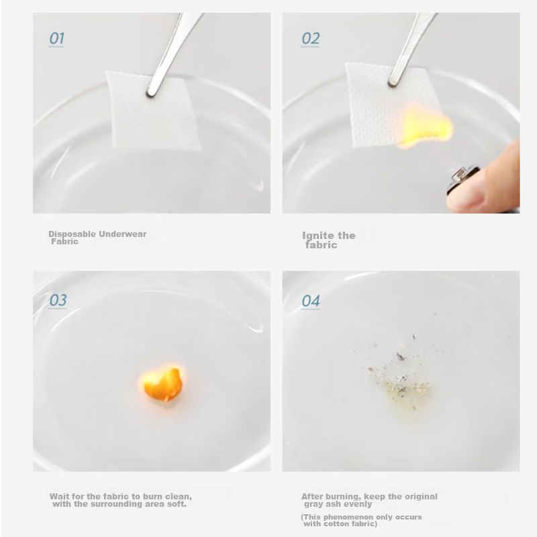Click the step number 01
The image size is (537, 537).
[x=57, y=38]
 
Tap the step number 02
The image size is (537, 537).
[x=311, y=38]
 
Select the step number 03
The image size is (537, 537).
[x=58, y=300]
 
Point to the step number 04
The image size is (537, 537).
[x=311, y=301]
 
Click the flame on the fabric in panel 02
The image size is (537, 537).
[x=425, y=128]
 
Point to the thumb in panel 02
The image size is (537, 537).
[x=488, y=181]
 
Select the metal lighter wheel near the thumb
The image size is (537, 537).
[x=462, y=177]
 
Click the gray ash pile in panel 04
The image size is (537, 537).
[x=399, y=377]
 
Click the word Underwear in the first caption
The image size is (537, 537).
[x=123, y=234]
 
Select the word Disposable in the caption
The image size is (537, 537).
[x=72, y=234]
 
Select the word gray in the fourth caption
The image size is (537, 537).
[x=313, y=505]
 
